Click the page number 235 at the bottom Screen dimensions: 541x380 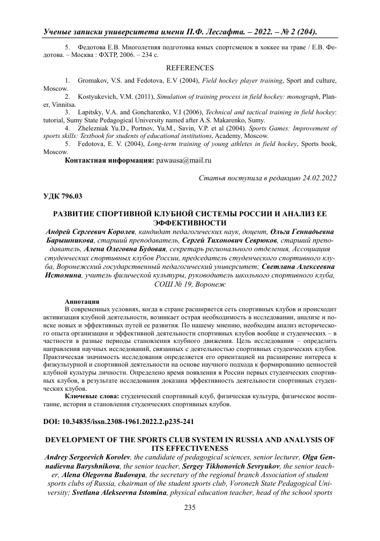coord(190,523)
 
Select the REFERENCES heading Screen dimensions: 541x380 coord(190,68)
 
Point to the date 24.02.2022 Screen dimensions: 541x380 coord(316,178)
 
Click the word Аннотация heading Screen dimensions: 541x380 coord(81,300)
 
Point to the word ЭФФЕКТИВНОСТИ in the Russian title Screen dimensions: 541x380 coord(190,222)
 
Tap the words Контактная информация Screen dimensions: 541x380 coord(109,160)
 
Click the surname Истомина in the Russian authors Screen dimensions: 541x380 coord(63,275)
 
